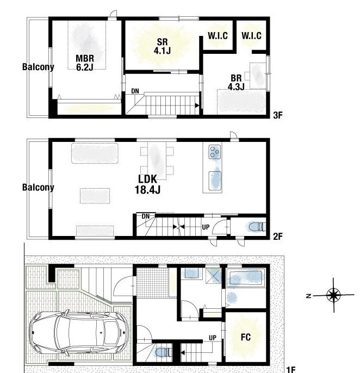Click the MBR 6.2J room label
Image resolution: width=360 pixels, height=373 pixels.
85,63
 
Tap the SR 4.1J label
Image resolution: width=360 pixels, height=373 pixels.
162,46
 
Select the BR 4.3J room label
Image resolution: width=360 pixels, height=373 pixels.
236,82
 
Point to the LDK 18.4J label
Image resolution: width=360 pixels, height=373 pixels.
147,184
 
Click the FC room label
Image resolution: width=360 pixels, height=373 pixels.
246,337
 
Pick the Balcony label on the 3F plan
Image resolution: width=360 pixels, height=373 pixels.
38,67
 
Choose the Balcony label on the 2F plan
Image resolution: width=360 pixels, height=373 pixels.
38,187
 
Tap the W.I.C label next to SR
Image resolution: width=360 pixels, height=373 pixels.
218,36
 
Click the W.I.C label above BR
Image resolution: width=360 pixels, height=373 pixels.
251,36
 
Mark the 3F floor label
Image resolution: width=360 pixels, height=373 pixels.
278,115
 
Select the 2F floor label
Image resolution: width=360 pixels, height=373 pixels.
278,236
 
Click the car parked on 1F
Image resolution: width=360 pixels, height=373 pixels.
78,333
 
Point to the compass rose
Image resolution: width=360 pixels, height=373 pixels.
333,295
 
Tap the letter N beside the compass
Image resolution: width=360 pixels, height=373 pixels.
308,296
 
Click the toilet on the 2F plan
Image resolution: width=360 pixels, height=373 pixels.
257,227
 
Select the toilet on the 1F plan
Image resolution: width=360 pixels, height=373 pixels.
164,352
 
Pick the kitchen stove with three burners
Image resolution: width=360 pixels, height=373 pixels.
215,152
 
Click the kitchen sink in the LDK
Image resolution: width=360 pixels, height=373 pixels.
215,181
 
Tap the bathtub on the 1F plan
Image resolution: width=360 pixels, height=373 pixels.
246,278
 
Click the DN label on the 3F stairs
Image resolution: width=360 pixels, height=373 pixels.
135,91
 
